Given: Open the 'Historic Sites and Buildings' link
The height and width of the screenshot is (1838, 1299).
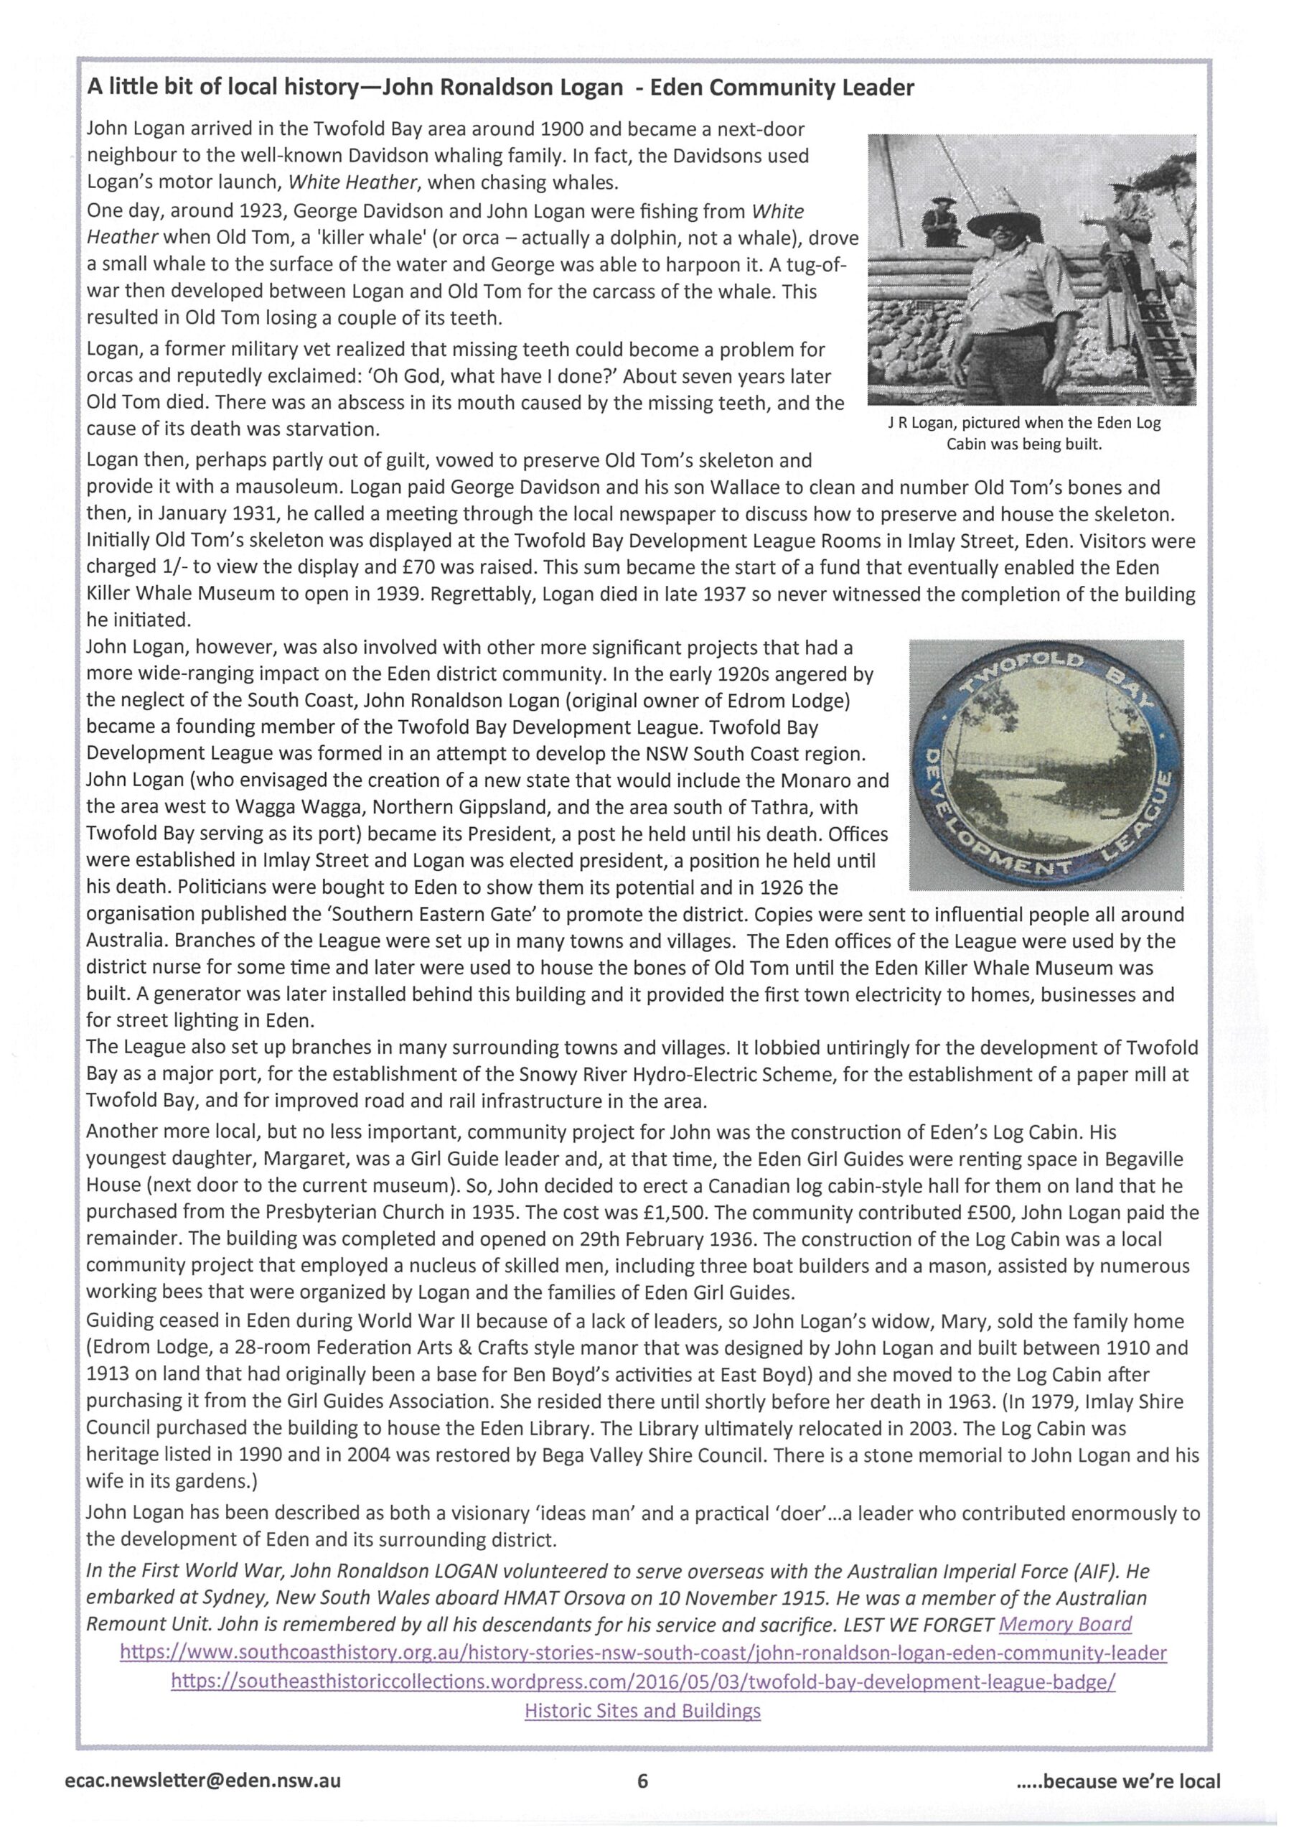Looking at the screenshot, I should tap(642, 1711).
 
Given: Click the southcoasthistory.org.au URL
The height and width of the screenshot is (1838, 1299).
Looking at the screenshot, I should tap(643, 1652).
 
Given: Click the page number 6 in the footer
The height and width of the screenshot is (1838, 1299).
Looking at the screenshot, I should tap(641, 1781).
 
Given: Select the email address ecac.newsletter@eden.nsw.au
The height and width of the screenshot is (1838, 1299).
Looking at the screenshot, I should tap(203, 1781).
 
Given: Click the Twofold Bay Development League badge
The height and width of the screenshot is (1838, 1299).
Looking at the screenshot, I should tap(1045, 765).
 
